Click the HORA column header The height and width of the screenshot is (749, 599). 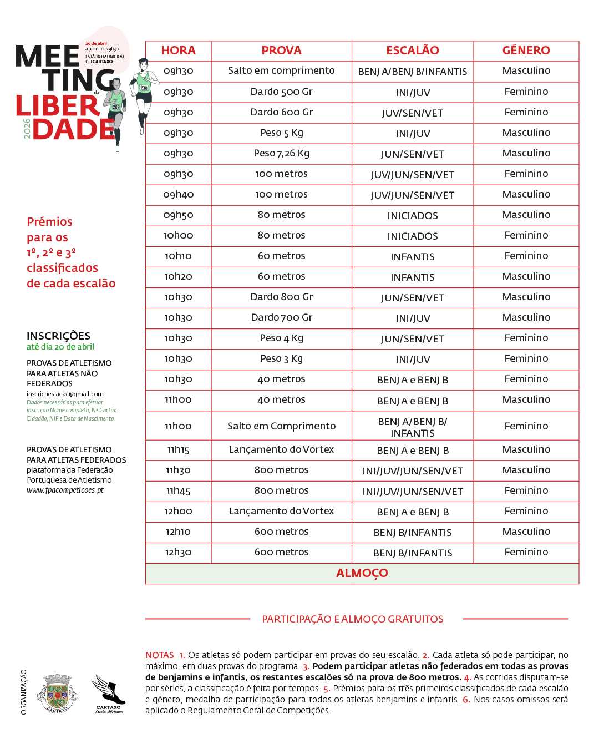click(178, 50)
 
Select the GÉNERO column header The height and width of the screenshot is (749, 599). click(526, 50)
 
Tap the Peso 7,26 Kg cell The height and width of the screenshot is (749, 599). click(281, 153)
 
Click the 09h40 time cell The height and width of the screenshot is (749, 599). click(178, 194)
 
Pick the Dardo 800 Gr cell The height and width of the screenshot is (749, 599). click(281, 297)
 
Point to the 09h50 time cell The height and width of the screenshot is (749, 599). click(178, 215)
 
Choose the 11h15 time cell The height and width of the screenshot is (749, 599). click(178, 449)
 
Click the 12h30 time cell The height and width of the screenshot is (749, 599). click(178, 552)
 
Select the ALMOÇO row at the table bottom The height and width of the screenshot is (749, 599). click(362, 573)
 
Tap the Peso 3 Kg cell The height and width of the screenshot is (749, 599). click(281, 358)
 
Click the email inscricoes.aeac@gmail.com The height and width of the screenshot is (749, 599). click(65, 394)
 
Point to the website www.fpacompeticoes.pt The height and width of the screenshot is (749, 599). click(65, 490)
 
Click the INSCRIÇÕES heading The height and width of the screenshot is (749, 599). click(58, 336)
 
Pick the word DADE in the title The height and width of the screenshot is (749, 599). click(73, 129)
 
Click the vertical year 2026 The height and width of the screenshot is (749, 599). click(27, 128)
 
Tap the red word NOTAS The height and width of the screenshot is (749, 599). click(159, 655)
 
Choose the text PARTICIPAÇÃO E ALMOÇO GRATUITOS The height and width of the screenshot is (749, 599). click(353, 619)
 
